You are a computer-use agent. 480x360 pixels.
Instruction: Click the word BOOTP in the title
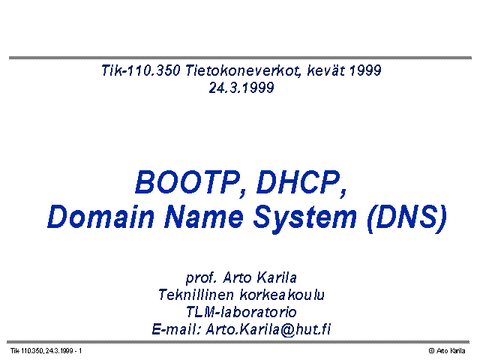pyautogui.click(x=188, y=183)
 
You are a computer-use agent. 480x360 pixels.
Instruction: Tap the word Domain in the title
pyautogui.click(x=100, y=217)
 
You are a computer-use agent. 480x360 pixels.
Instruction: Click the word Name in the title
pyautogui.click(x=204, y=217)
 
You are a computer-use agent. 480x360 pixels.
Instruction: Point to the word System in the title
pyautogui.click(x=305, y=218)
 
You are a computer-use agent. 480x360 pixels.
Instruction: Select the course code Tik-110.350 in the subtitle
pyautogui.click(x=140, y=70)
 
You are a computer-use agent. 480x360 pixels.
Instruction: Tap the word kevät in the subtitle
pyautogui.click(x=325, y=70)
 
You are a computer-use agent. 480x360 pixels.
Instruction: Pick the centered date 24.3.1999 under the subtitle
pyautogui.click(x=241, y=88)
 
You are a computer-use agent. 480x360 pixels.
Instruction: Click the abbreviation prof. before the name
pyautogui.click(x=201, y=278)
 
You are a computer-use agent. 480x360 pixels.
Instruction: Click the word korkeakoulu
pyautogui.click(x=282, y=295)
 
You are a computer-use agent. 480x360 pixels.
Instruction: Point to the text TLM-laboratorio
pyautogui.click(x=241, y=312)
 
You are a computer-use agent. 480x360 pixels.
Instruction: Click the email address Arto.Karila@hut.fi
pyautogui.click(x=268, y=329)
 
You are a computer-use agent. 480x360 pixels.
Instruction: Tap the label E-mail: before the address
pyautogui.click(x=176, y=329)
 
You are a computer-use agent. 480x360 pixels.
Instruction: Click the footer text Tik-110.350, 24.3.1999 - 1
pyautogui.click(x=46, y=351)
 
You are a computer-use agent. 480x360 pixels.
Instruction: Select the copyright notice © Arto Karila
pyautogui.click(x=447, y=351)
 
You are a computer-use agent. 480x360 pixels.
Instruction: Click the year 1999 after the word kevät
pyautogui.click(x=365, y=70)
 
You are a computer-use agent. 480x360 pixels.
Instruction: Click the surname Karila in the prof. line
pyautogui.click(x=277, y=277)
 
